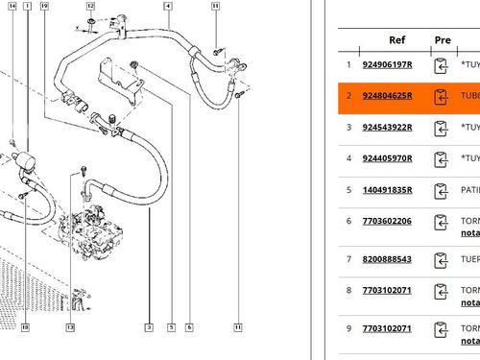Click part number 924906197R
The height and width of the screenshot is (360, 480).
coord(388,65)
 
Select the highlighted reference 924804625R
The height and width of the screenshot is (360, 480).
coord(388,97)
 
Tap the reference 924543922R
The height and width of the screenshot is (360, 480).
coord(388,128)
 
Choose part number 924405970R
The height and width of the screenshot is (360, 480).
coord(388,159)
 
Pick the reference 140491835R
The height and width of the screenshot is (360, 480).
coord(388,191)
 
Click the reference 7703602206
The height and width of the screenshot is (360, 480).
coord(386,221)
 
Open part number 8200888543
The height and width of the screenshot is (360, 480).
coord(386,259)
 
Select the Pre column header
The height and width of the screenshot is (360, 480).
coord(443,40)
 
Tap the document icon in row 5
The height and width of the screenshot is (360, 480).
coord(442,191)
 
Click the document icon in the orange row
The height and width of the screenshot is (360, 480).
coord(442,97)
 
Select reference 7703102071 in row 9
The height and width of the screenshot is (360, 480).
coord(386,328)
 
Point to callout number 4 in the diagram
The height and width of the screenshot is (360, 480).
coord(168,6)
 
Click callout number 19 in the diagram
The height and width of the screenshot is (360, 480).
coord(44,6)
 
